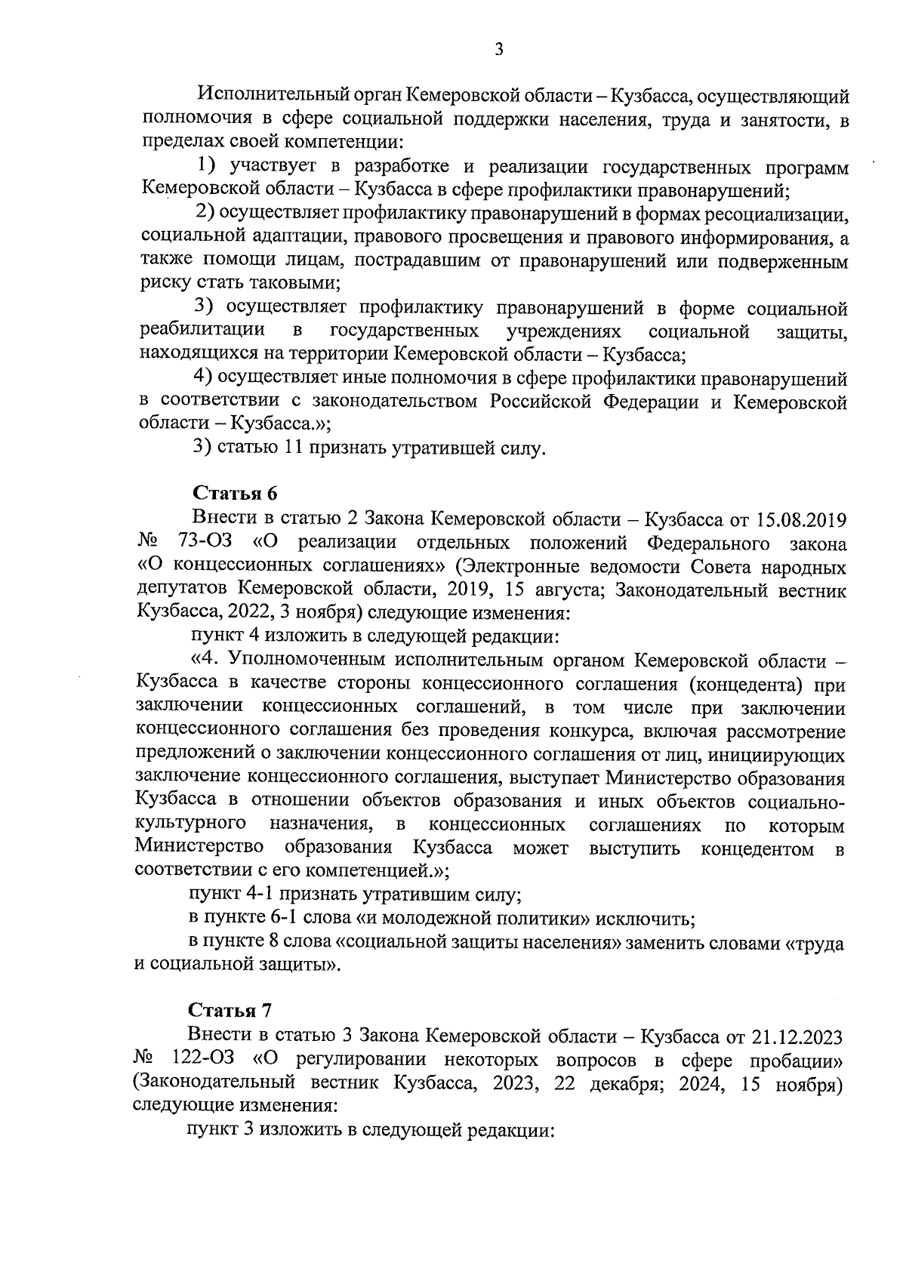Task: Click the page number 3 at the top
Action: click(498, 50)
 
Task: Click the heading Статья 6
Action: click(235, 494)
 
